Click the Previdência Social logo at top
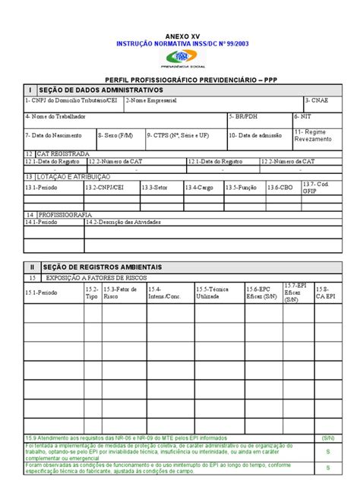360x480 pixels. click(181, 59)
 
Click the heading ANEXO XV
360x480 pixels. click(181, 36)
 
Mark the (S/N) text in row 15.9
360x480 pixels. click(328, 438)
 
